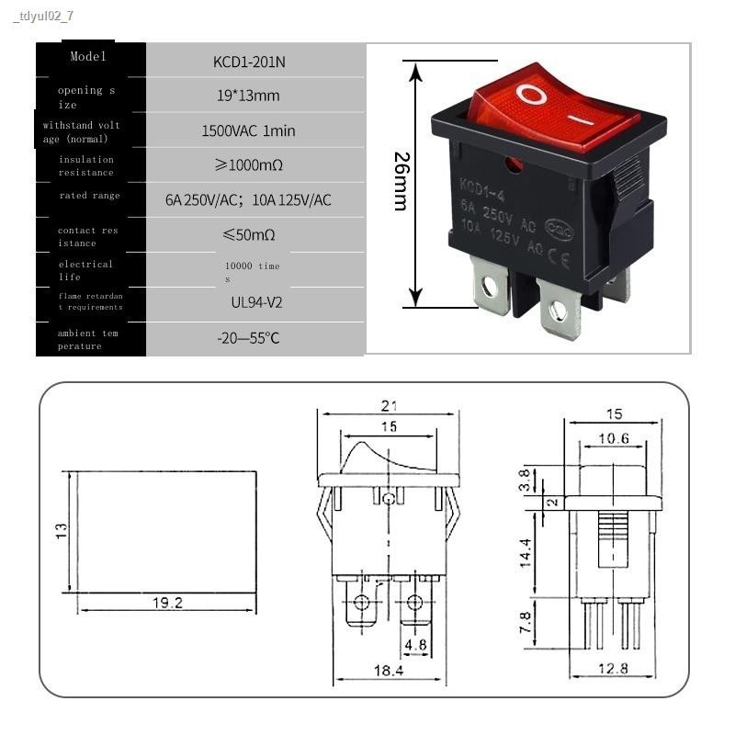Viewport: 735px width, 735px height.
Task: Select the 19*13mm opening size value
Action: tap(248, 96)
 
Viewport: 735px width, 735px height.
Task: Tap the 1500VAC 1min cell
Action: tap(248, 130)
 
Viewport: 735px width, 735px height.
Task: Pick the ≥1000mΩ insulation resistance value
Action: tap(248, 165)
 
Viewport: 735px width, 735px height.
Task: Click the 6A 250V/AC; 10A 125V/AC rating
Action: tap(248, 200)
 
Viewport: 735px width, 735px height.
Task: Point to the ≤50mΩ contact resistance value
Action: tap(248, 235)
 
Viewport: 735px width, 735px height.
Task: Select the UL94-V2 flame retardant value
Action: tap(248, 301)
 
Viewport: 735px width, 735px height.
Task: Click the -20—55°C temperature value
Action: tap(248, 338)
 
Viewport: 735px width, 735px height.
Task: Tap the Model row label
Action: tap(89, 57)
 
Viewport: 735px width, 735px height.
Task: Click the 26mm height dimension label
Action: tap(401, 182)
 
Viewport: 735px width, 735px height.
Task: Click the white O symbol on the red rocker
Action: tap(530, 94)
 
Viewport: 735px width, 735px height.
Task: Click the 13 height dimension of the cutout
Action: tap(62, 531)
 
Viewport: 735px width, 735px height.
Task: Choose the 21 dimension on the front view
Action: tap(389, 406)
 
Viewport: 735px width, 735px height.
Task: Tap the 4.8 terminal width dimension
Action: tap(415, 645)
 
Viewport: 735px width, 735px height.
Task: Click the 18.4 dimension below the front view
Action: tap(388, 672)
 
